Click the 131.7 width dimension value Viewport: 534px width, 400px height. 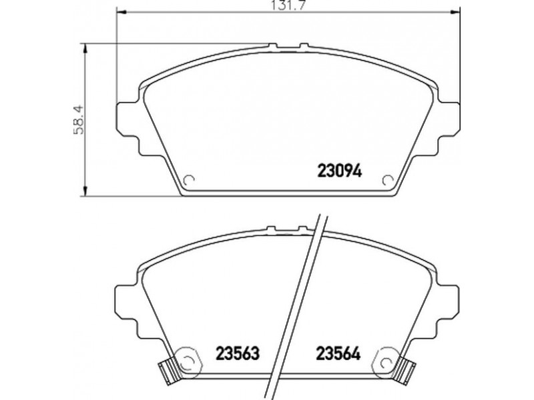(288, 5)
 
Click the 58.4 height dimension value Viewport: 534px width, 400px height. (79, 119)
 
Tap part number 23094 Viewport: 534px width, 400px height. (340, 171)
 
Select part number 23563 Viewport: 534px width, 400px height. (238, 353)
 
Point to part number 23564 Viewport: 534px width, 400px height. (338, 353)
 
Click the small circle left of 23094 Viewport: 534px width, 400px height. (188, 180)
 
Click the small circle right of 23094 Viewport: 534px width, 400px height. (388, 180)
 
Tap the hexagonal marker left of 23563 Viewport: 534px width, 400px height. (187, 362)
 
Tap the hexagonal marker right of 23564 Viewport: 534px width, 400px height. (387, 362)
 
